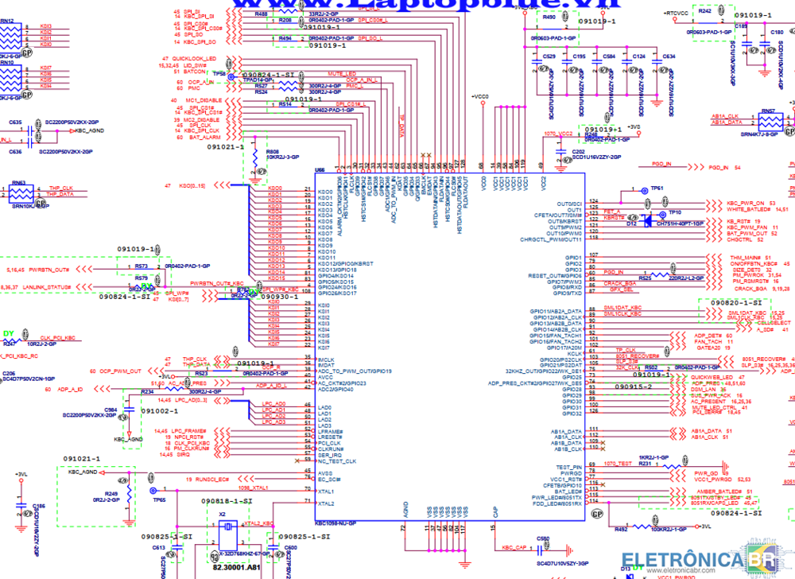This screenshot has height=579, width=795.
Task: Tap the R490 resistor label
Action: coord(549,17)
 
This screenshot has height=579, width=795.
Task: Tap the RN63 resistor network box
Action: coord(21,194)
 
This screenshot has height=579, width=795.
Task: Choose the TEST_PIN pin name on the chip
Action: coord(568,467)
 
